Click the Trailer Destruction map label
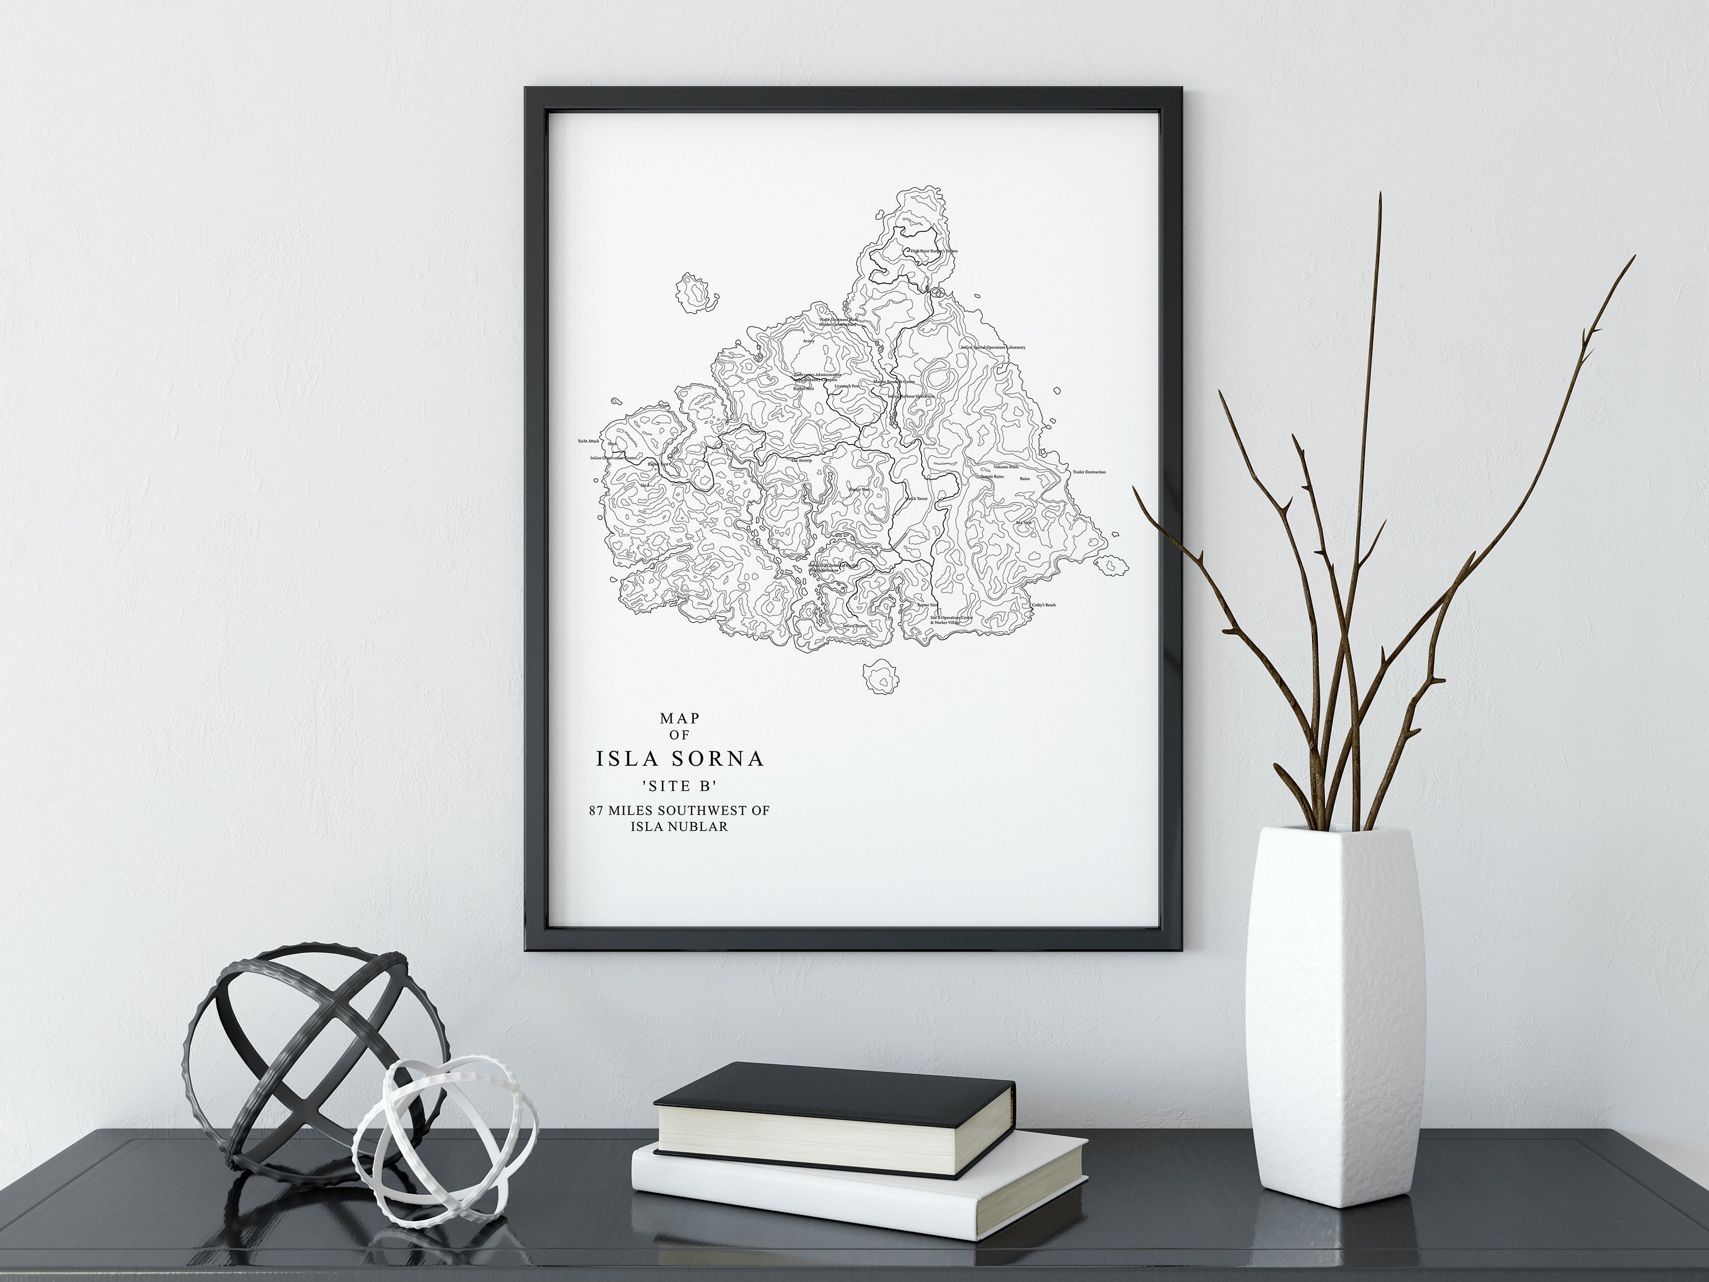point(1089,471)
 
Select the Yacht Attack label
point(588,441)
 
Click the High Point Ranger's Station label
point(934,251)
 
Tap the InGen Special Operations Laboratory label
point(993,348)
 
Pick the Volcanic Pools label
point(1006,467)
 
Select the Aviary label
point(809,341)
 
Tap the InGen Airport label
point(855,625)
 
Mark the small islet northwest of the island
point(696,293)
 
